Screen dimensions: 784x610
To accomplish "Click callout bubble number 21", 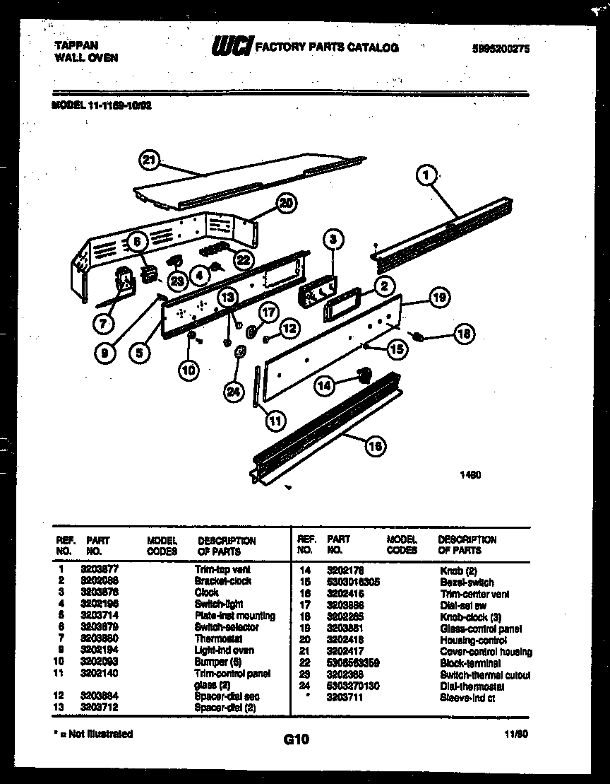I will (x=148, y=160).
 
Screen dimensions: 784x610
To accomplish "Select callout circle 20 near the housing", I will (x=285, y=204).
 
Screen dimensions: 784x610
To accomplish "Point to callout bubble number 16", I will (x=376, y=445).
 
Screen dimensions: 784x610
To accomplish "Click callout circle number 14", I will (x=324, y=385).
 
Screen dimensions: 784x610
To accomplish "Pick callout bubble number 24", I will (x=233, y=392).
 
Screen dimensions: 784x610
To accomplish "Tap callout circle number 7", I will (x=104, y=324).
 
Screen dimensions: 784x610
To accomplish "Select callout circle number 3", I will (x=333, y=239).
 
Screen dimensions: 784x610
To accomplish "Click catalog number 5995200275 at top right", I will (x=501, y=49).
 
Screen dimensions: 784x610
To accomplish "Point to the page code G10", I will (x=297, y=739).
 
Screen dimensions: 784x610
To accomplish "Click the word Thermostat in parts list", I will (x=218, y=638).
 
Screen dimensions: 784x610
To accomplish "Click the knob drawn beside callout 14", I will (x=365, y=375).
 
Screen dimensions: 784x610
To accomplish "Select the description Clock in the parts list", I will (x=206, y=592).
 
